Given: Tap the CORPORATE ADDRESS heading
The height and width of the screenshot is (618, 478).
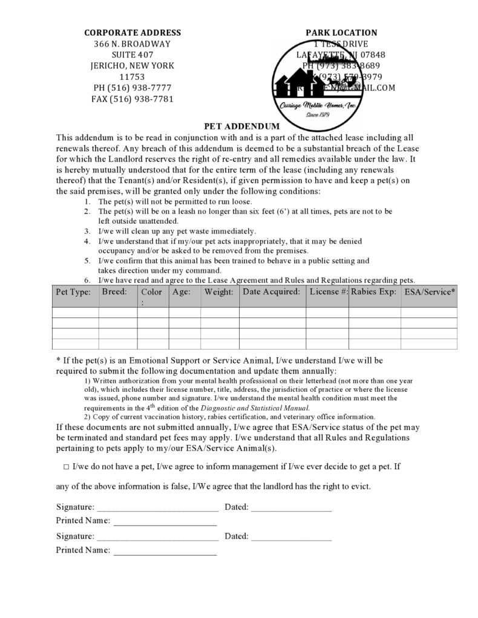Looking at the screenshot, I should click(132, 33).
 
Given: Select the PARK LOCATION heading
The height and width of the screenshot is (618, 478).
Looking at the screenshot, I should click(341, 33).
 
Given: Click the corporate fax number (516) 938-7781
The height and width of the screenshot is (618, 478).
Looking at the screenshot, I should click(132, 99).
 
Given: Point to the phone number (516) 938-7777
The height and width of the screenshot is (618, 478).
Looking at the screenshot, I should click(132, 88).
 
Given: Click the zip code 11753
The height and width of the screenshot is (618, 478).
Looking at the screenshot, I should click(132, 77).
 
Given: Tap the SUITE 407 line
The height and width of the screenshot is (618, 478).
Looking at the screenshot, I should click(132, 54).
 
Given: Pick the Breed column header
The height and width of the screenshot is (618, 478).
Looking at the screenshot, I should click(114, 291).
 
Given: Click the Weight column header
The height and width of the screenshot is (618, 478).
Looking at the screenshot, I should click(218, 292).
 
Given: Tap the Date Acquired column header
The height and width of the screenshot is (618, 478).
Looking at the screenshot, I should click(271, 291).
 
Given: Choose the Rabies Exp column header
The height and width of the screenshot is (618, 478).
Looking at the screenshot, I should click(374, 291).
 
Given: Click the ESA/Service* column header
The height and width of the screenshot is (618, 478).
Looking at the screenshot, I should click(430, 292).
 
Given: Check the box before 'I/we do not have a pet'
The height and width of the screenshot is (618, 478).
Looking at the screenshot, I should click(65, 467).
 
